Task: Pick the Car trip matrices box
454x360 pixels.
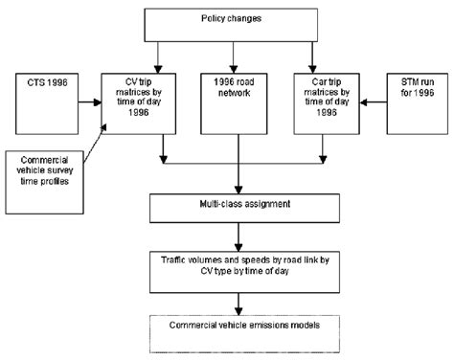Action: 326,96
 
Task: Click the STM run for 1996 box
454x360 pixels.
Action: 416,96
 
